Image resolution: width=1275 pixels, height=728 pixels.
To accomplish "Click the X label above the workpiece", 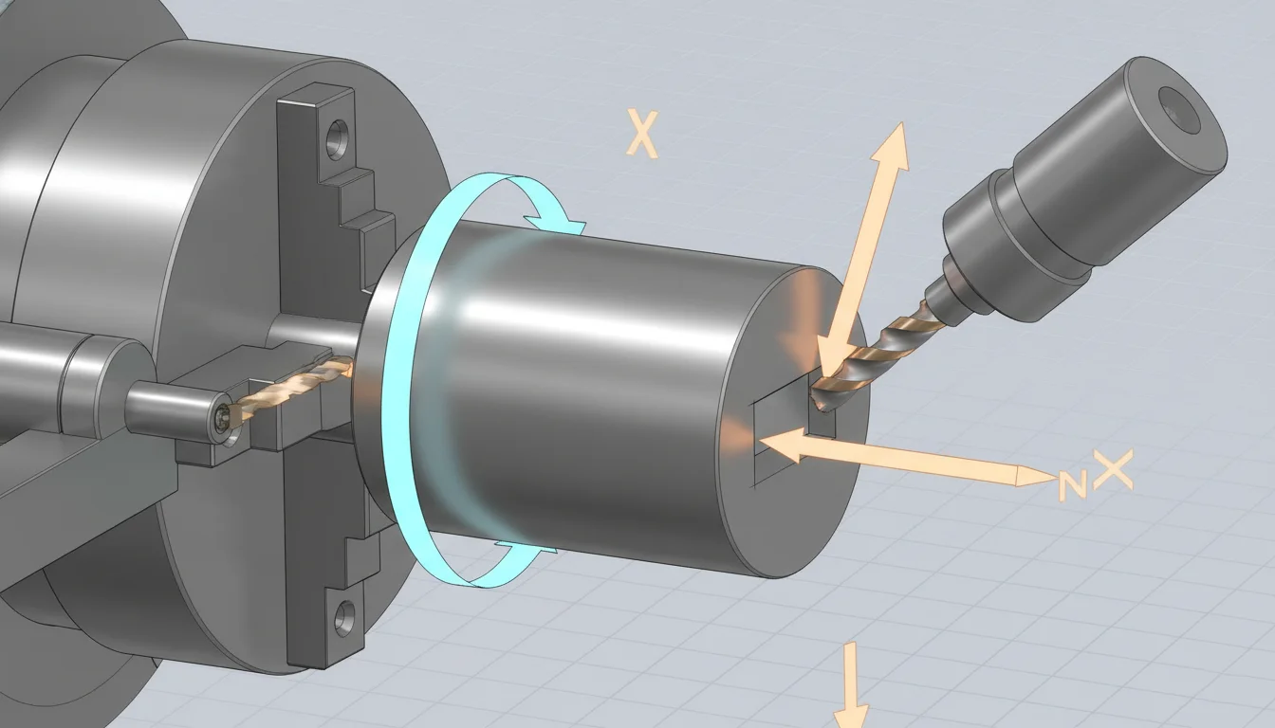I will pos(642,134).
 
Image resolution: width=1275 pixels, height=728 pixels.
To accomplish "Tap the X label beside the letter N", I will pos(1112,470).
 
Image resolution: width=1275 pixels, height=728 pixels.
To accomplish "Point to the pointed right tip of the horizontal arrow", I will pos(1044,476).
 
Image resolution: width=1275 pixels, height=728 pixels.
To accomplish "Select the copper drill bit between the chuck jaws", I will pos(294,387).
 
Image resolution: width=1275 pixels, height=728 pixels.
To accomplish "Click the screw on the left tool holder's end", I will pos(222,418).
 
